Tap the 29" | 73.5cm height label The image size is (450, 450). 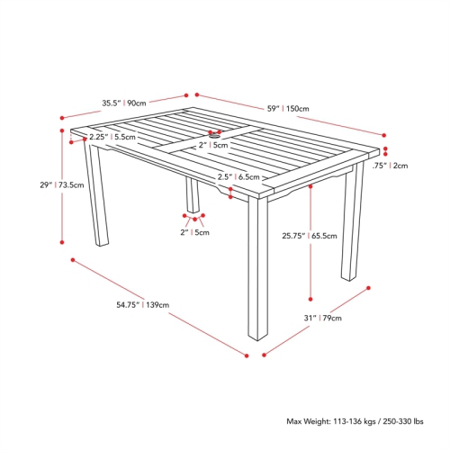(62, 185)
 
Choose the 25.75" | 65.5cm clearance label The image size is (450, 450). (309, 237)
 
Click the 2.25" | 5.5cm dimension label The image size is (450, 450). (112, 138)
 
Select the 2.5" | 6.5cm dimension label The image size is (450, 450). (238, 177)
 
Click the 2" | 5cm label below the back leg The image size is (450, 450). (194, 232)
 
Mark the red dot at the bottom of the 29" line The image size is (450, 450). (62, 241)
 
